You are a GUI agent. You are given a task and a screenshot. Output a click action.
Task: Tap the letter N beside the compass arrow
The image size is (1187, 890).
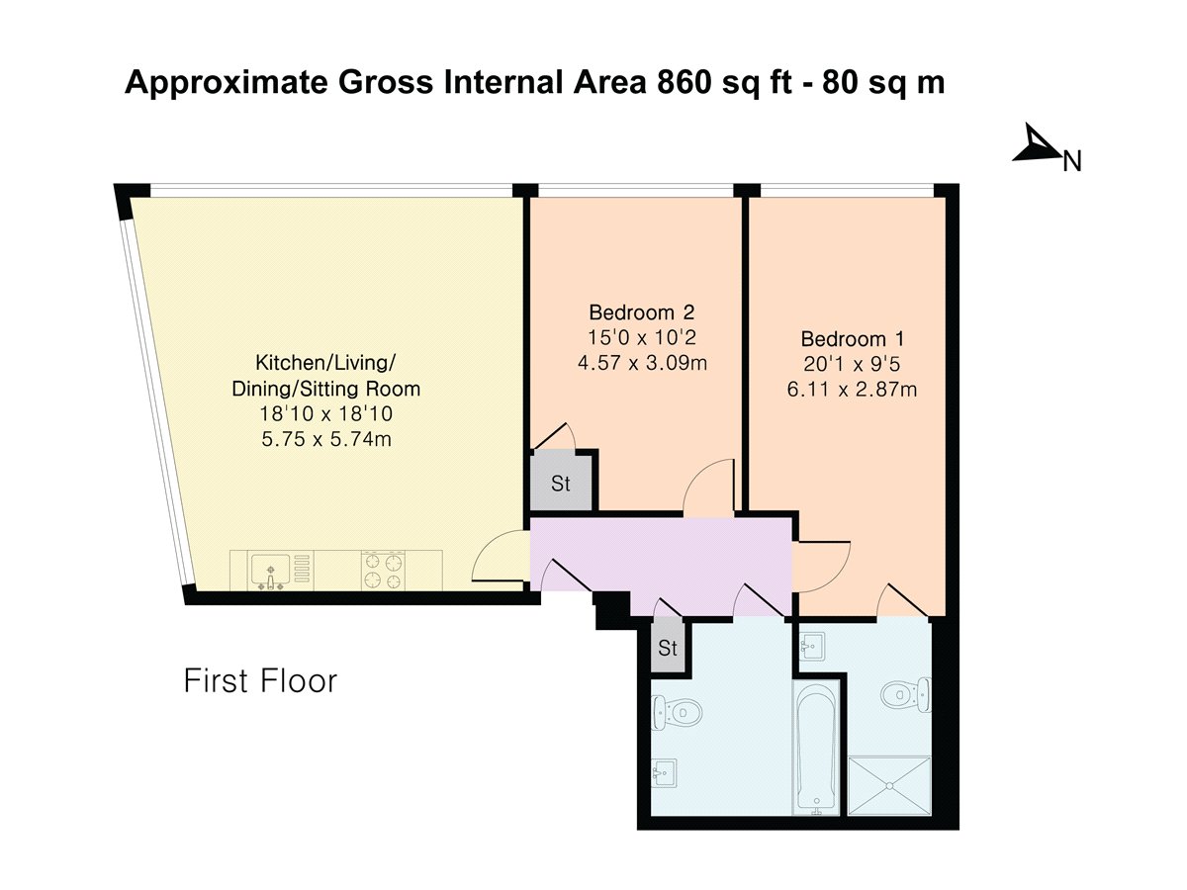point(1071,161)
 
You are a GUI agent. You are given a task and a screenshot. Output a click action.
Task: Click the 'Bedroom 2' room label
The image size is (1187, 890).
point(634,308)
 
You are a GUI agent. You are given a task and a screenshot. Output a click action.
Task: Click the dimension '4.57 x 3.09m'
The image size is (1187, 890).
point(642,361)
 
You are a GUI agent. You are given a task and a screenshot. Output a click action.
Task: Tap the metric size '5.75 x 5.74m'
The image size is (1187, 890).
point(325,439)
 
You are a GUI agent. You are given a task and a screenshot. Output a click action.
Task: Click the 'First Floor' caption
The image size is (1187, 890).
point(260,681)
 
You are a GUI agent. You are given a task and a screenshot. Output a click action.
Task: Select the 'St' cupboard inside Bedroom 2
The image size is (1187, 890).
point(561,485)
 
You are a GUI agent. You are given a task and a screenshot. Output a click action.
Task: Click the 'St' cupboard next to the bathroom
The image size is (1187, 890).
point(668,649)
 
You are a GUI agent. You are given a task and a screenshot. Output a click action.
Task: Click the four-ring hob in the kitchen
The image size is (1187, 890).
point(383,571)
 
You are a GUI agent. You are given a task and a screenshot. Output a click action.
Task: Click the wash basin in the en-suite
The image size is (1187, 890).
point(814,645)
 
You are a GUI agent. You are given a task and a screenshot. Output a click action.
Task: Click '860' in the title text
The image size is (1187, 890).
point(677,84)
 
